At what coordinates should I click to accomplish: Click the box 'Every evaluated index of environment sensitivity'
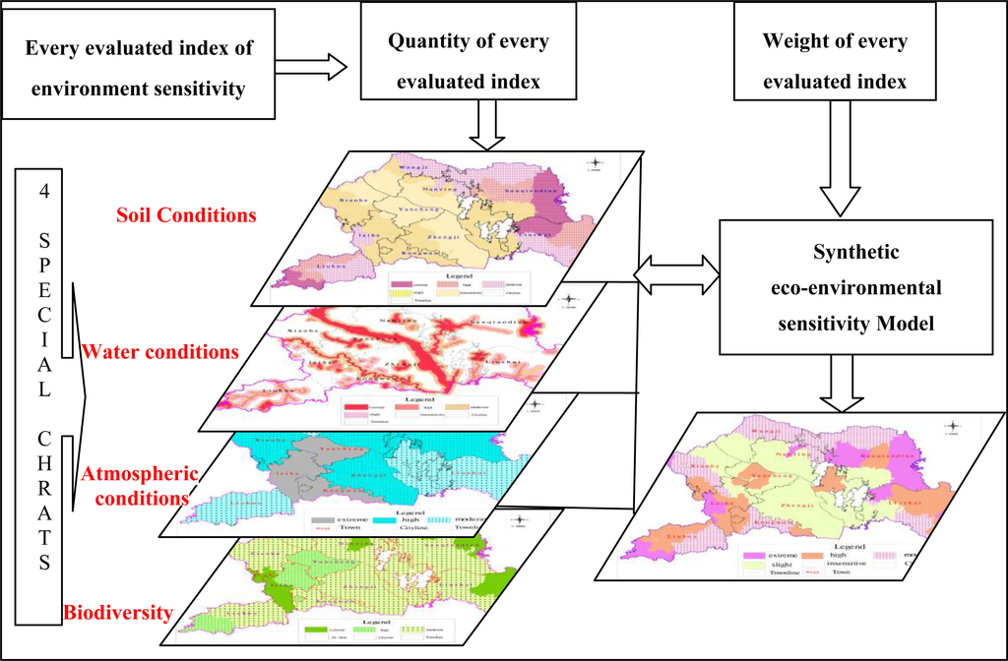[x=137, y=69]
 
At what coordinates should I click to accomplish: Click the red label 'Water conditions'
[x=160, y=351]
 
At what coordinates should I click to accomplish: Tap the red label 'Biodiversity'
[x=118, y=614]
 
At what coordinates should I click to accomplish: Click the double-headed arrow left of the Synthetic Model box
[x=676, y=272]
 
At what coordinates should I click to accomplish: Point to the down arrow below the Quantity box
[x=487, y=125]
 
